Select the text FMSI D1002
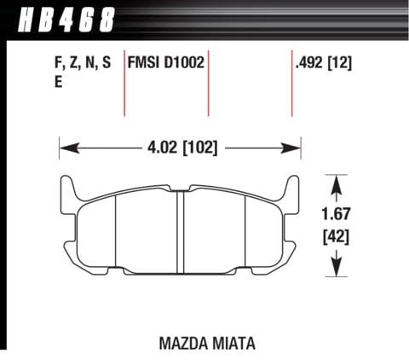(x=165, y=62)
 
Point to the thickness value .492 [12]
(x=324, y=62)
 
